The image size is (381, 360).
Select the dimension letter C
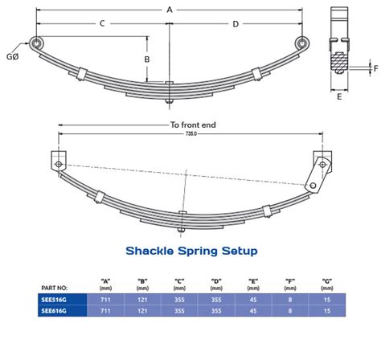point(103,24)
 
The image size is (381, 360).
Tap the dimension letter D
point(235,24)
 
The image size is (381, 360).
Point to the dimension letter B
point(147,59)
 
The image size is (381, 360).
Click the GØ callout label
point(13,57)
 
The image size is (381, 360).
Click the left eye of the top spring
point(35,43)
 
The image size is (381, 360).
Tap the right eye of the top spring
point(301,43)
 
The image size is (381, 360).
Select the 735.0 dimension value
point(190,133)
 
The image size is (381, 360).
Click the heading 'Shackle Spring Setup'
point(191,251)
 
